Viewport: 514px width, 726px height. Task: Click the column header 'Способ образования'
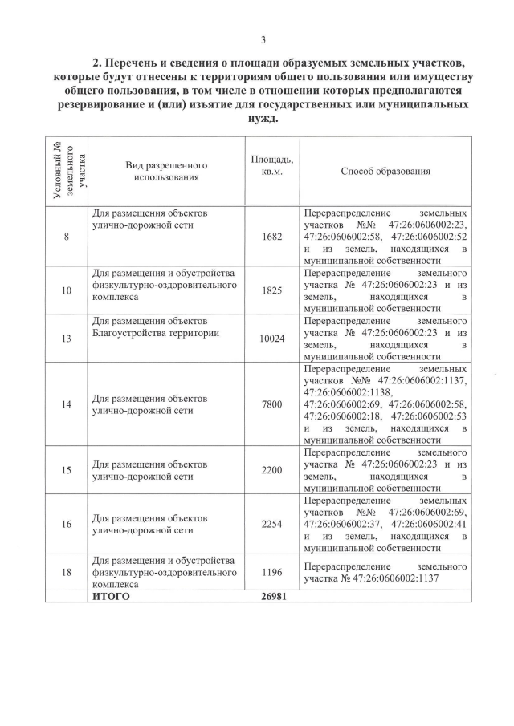(x=385, y=171)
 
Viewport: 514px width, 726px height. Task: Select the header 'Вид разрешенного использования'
(x=166, y=171)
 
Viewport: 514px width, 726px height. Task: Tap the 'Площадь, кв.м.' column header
(x=271, y=167)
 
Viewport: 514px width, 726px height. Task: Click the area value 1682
(x=271, y=237)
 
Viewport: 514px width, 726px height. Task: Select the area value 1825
(x=271, y=290)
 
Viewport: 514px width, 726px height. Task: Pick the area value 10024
(x=271, y=339)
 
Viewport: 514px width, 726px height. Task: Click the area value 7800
(x=271, y=404)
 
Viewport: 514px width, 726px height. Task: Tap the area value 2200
(x=271, y=470)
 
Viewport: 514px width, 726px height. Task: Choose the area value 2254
(x=271, y=525)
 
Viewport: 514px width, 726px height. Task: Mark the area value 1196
(x=271, y=572)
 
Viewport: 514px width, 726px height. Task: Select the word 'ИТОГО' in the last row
(x=112, y=597)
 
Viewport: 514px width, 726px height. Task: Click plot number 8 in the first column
(x=66, y=237)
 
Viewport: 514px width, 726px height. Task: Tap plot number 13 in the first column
(x=66, y=339)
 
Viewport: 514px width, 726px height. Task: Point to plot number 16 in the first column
(x=66, y=525)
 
